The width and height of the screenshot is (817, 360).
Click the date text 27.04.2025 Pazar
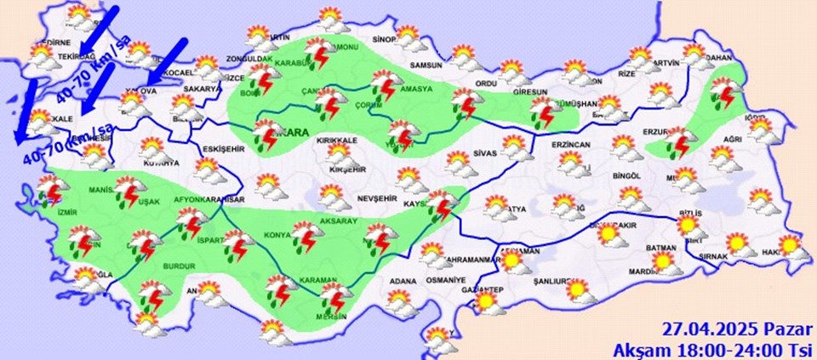[736, 329]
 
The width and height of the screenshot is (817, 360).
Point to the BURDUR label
[179, 266]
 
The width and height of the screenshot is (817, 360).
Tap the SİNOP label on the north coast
[386, 40]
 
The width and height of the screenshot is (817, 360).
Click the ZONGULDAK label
[247, 60]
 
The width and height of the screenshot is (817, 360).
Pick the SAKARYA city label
[202, 88]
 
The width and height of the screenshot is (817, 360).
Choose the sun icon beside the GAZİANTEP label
[487, 302]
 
